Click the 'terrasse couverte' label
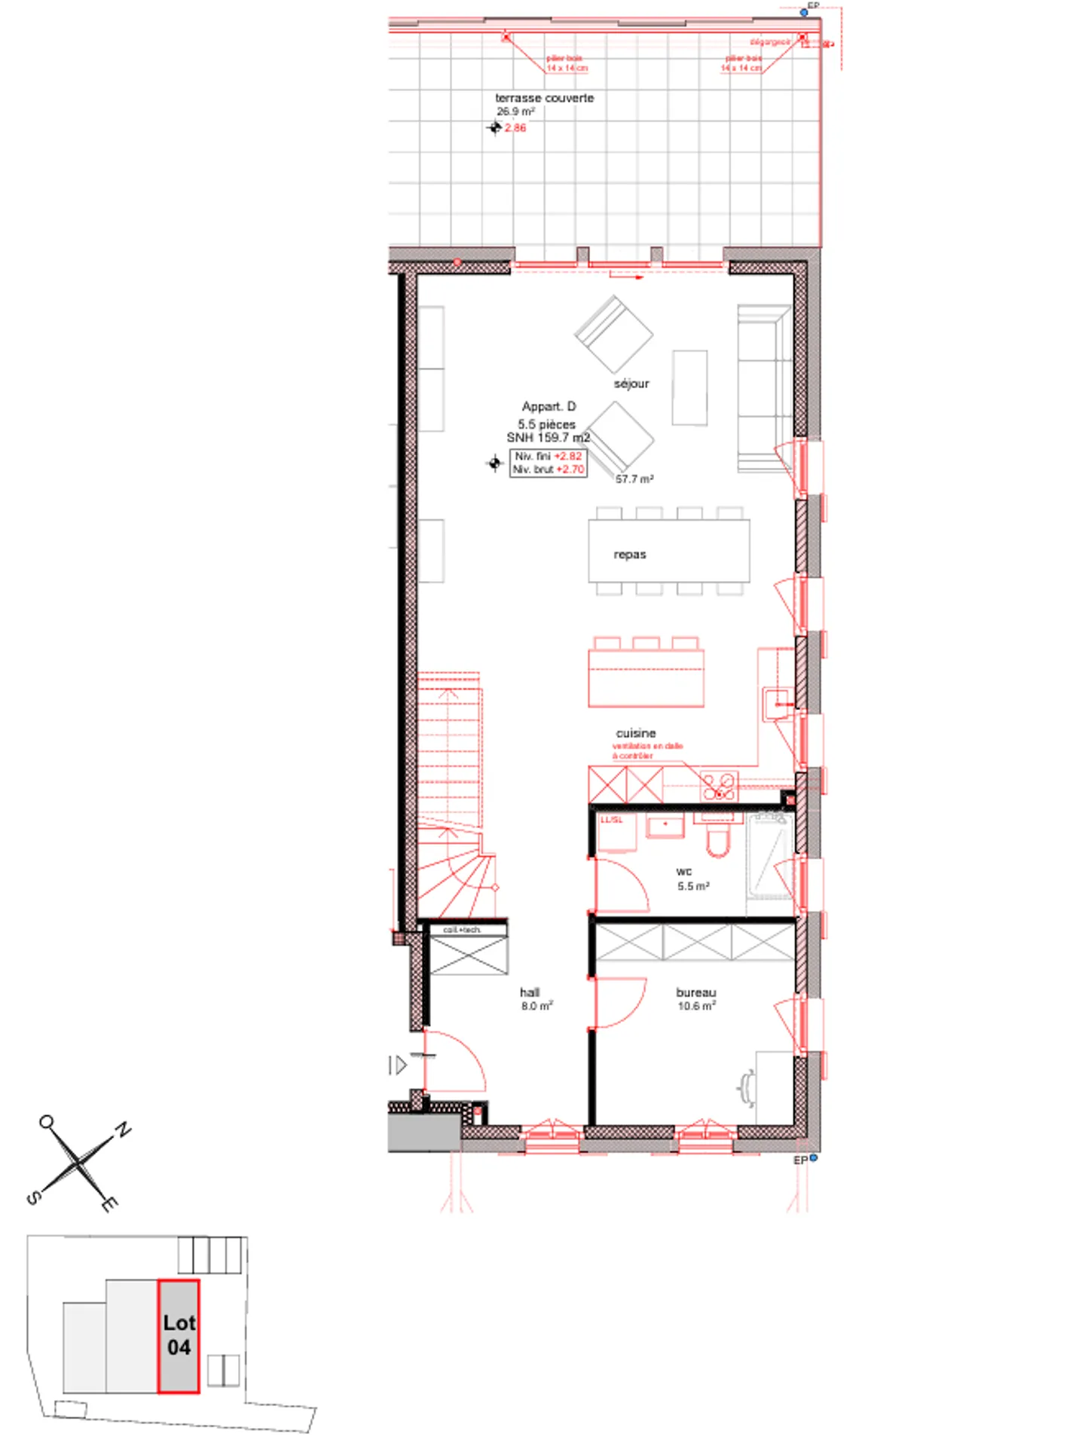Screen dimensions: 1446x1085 544,98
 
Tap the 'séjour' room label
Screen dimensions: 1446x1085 631,384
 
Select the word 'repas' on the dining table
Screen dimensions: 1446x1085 630,555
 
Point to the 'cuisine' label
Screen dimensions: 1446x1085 636,733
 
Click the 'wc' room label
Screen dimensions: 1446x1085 684,871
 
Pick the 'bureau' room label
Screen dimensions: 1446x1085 696,992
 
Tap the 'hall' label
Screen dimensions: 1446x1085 530,992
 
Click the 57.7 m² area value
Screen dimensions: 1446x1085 634,479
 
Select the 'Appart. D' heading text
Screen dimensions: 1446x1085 549,406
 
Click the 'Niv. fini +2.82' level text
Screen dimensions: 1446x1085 549,456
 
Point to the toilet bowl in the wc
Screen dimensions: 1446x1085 718,842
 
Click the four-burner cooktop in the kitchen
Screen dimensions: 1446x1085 719,786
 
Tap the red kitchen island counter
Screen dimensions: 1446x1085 646,677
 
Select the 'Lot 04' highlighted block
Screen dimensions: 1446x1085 179,1335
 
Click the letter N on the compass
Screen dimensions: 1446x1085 123,1130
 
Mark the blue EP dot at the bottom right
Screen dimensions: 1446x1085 813,1158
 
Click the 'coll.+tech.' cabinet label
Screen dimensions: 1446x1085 462,930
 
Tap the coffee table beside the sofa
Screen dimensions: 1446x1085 689,387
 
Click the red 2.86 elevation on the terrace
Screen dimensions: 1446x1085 516,127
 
